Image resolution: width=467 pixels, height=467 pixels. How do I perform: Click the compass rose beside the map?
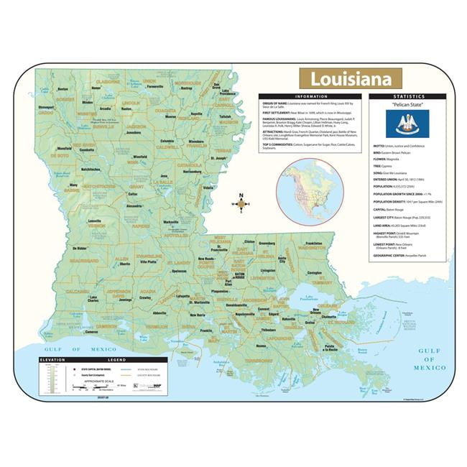click(x=241, y=203)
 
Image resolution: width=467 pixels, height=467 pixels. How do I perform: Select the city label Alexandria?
click(x=134, y=205)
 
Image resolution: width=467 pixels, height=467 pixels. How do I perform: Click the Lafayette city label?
click(x=184, y=296)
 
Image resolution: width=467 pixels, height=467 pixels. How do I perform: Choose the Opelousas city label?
click(x=179, y=272)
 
